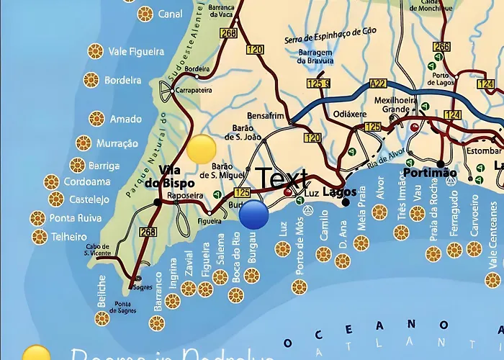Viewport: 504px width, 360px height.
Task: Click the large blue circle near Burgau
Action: pyautogui.click(x=254, y=215)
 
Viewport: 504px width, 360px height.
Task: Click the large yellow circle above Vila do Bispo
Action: pyautogui.click(x=202, y=148)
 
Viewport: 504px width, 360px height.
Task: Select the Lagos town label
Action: pyautogui.click(x=339, y=192)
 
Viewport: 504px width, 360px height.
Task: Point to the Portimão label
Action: pyautogui.click(x=430, y=174)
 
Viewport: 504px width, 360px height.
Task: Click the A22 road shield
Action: pyautogui.click(x=378, y=84)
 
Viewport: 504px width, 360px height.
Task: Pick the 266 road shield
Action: pyautogui.click(x=441, y=47)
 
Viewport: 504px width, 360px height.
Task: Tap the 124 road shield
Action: pyautogui.click(x=452, y=114)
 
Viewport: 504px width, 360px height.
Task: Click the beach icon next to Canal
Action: pyautogui.click(x=145, y=14)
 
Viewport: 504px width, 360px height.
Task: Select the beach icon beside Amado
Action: pyautogui.click(x=96, y=119)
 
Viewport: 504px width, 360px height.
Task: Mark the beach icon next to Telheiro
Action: pyautogui.click(x=40, y=236)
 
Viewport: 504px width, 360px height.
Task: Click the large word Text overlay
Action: pyautogui.click(x=284, y=179)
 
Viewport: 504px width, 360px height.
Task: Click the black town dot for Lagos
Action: pyautogui.click(x=346, y=202)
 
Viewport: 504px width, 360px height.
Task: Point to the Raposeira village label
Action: pyautogui.click(x=184, y=195)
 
